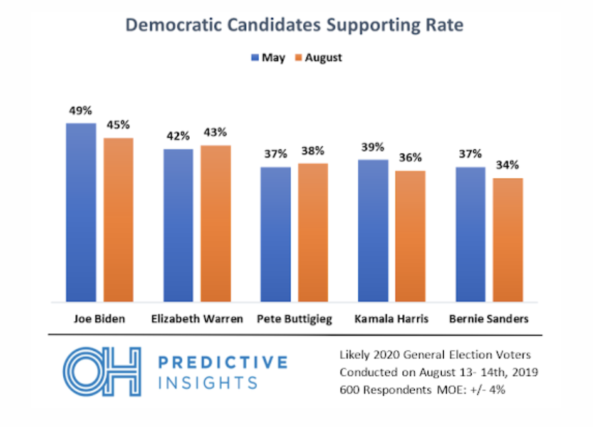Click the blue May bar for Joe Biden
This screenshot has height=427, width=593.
tap(81, 212)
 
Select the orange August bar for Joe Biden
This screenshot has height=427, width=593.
tap(118, 220)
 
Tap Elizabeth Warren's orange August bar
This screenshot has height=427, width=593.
tap(216, 223)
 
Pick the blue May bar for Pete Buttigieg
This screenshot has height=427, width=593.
tap(275, 234)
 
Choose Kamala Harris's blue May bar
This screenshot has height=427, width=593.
tap(373, 231)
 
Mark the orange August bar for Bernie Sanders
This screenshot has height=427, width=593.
tap(507, 240)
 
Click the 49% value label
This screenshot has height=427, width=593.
tap(80, 111)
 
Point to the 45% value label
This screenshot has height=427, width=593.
tap(118, 125)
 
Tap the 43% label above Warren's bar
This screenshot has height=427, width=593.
tap(216, 133)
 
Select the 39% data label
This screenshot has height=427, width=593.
tap(373, 147)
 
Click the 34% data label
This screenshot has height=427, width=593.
tap(507, 166)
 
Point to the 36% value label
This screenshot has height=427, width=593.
tap(410, 159)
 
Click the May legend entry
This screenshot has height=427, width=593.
tap(269, 58)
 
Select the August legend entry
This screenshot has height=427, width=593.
tap(319, 58)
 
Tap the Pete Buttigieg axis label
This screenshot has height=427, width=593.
tap(294, 319)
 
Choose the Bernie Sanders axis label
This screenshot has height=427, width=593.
tap(489, 319)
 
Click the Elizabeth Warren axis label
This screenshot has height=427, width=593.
tap(197, 319)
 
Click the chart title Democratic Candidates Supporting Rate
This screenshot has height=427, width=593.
tap(295, 25)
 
